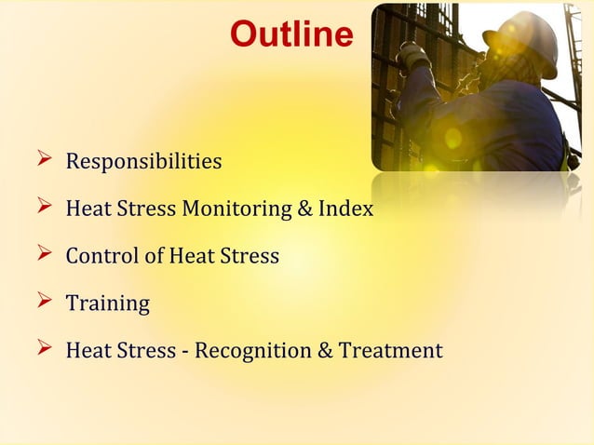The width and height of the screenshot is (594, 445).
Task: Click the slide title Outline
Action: (291, 35)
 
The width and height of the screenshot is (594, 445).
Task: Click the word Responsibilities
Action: (143, 162)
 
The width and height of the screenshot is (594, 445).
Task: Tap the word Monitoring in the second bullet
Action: (236, 209)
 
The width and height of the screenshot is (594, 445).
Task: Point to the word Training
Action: (107, 303)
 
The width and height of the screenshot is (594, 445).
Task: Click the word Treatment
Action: (390, 351)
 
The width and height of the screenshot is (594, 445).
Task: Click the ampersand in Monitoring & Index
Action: (304, 209)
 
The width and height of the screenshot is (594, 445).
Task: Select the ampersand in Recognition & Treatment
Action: (325, 351)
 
